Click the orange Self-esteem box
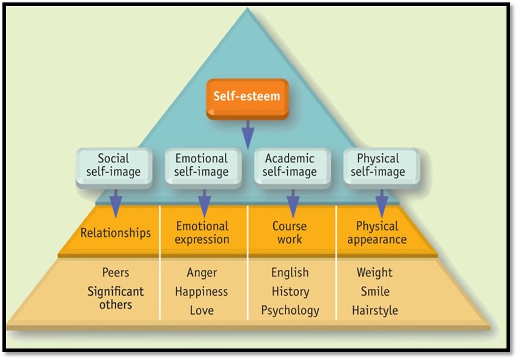[247, 96]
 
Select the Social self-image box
[113, 165]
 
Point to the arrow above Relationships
[115, 203]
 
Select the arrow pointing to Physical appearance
[382, 203]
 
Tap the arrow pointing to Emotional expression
[204, 203]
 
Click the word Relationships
[116, 233]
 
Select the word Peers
[115, 273]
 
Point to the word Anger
[202, 273]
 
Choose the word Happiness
[202, 292]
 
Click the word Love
[202, 310]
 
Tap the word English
[290, 273]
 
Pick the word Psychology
[290, 310]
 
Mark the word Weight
[374, 273]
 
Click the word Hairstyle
[374, 310]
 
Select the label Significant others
[115, 298]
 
